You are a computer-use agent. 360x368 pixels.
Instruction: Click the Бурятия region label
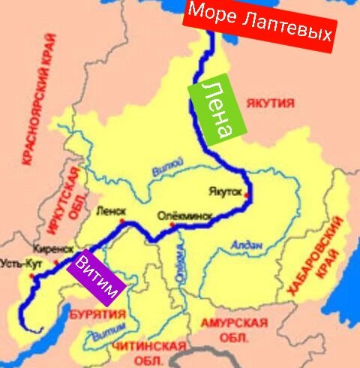coord(96,315)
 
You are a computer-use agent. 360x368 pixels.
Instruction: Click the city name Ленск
coord(110,211)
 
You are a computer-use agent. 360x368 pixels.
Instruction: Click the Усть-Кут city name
coord(17,264)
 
